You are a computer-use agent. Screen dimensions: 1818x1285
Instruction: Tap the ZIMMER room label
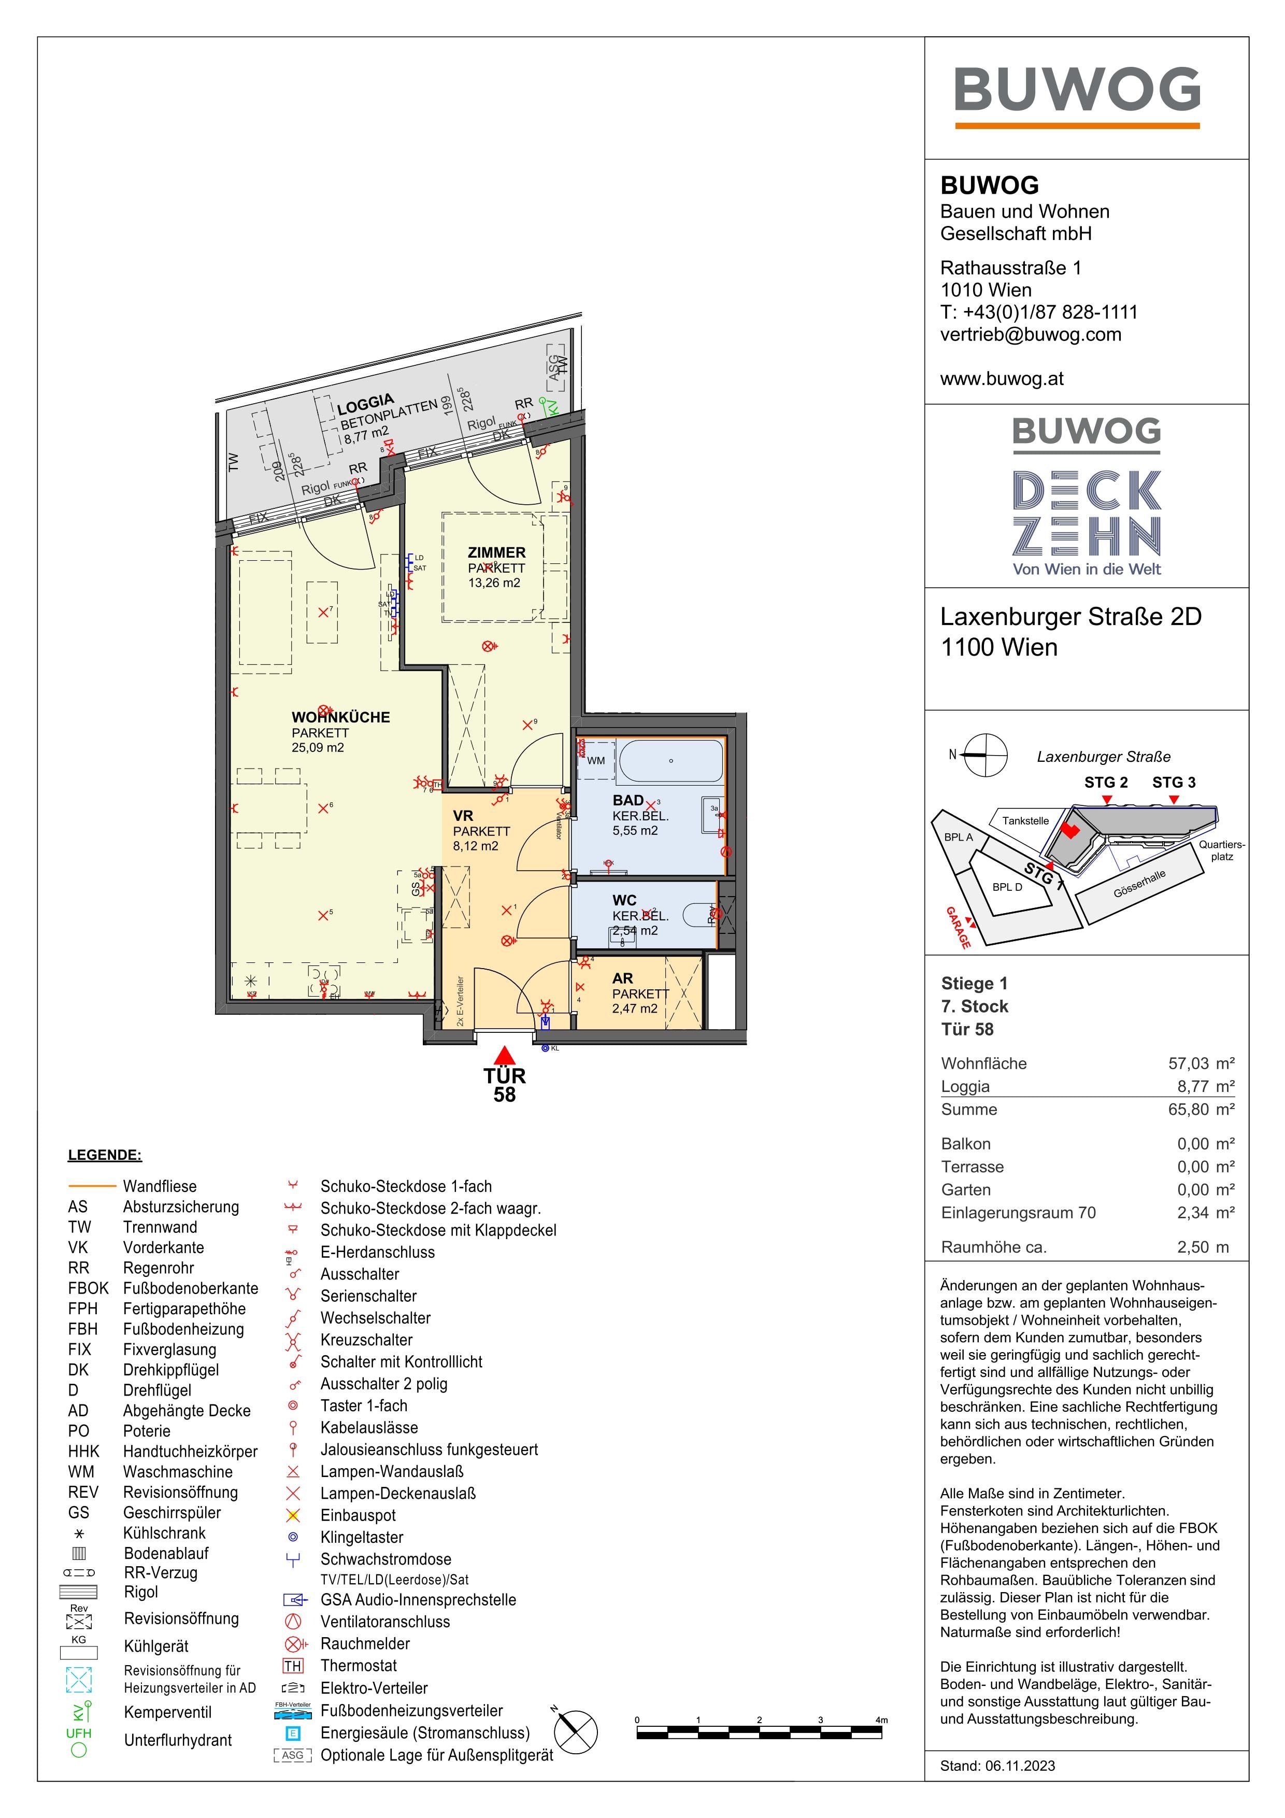496,552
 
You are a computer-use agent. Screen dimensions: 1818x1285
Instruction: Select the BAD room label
628,801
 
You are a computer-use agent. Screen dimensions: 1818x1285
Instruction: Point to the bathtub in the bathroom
670,761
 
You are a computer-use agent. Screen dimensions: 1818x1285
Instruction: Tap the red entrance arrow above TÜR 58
504,1056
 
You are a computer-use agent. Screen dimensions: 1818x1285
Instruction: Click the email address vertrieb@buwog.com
1030,334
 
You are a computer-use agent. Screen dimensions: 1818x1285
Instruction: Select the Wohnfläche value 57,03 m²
1201,1063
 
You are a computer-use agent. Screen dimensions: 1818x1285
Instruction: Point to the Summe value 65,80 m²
1201,1110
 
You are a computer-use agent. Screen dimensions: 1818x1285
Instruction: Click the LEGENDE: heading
105,1155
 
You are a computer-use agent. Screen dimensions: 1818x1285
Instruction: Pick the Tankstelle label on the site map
1025,820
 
